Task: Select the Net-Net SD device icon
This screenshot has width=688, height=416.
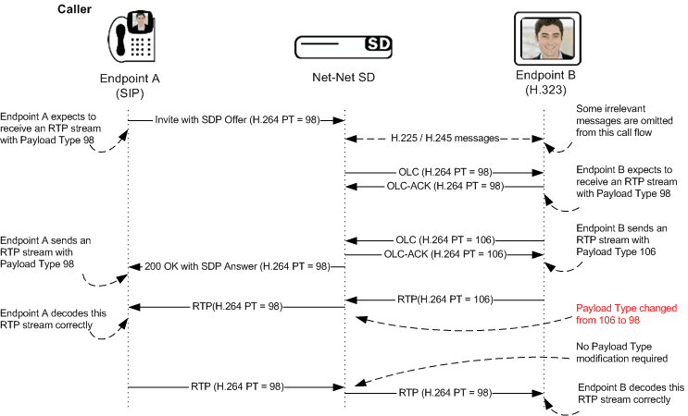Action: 343,45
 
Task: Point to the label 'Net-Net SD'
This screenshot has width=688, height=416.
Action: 344,79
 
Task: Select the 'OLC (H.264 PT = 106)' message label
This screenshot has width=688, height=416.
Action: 444,240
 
